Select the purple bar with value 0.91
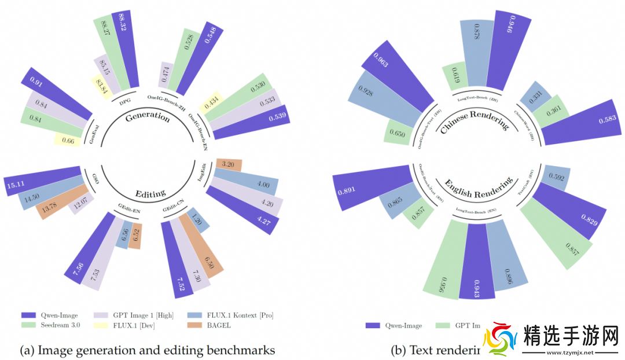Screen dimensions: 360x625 tap(55, 93)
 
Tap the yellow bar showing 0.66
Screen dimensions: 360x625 tap(67, 140)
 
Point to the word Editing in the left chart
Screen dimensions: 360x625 tap(150, 193)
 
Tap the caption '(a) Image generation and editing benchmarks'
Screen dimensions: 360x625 tap(148, 350)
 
